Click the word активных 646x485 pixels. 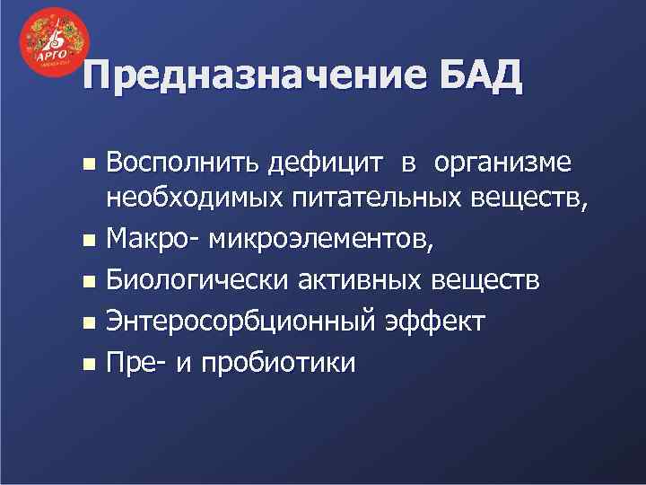[x=360, y=280]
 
